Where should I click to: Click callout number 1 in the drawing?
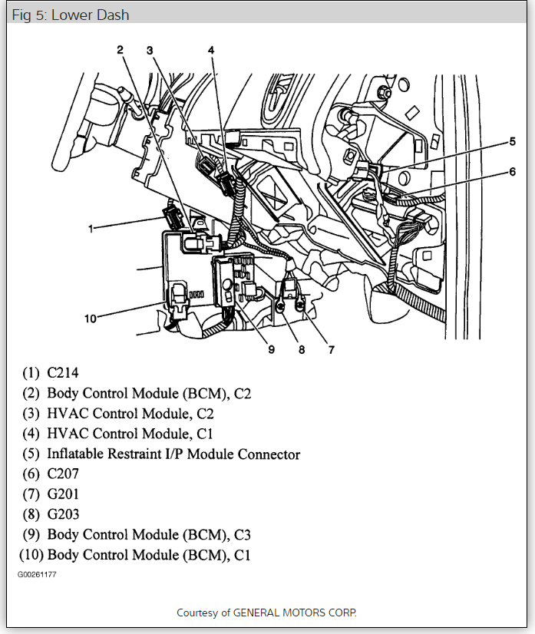(x=91, y=228)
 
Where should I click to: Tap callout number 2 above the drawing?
(x=120, y=50)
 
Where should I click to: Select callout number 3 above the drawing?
(x=150, y=50)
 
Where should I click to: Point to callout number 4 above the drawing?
(x=210, y=50)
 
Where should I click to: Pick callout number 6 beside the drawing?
(x=512, y=172)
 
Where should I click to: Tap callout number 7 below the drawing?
(x=331, y=350)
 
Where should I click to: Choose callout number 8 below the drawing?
(x=302, y=350)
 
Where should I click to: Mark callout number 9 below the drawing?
(x=271, y=350)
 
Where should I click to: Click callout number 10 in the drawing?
(x=91, y=318)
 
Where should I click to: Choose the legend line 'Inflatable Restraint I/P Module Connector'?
(x=173, y=454)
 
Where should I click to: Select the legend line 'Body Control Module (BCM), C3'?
(x=149, y=534)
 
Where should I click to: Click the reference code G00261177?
(x=37, y=574)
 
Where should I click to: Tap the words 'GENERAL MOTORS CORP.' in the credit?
(x=295, y=613)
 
